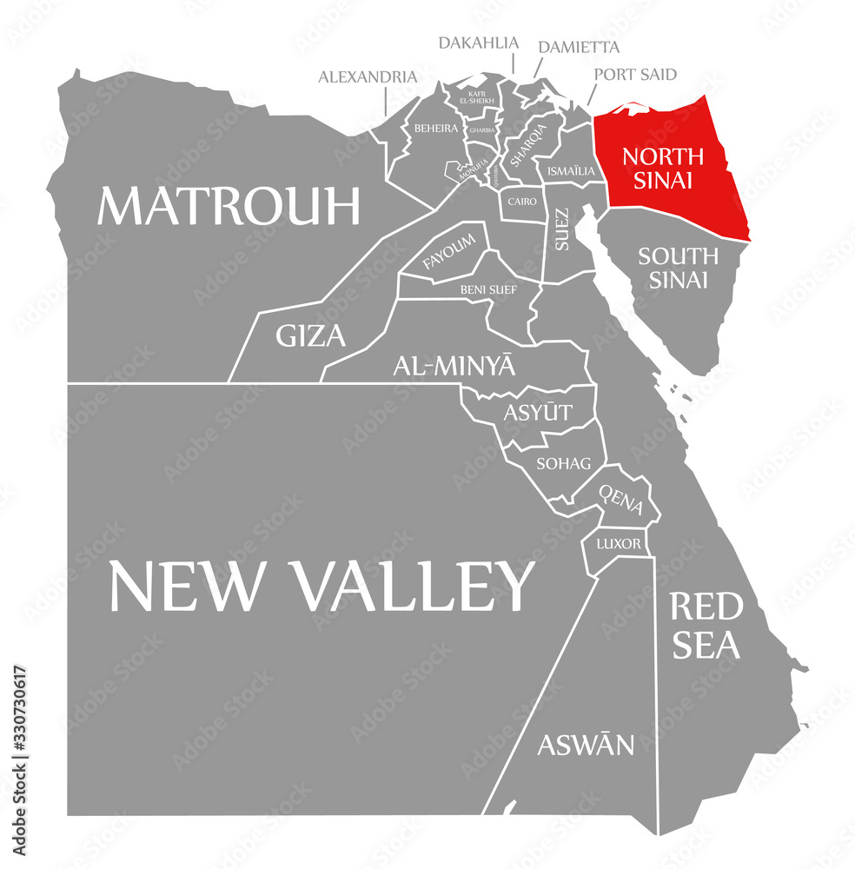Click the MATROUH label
(x=228, y=206)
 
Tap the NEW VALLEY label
(x=321, y=585)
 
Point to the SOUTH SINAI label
(x=678, y=268)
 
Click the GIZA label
(x=310, y=335)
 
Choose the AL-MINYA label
(x=454, y=366)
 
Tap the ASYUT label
(x=538, y=412)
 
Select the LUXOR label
(x=618, y=545)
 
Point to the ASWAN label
(x=585, y=745)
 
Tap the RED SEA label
(x=705, y=625)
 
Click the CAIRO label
(x=522, y=202)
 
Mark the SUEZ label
(x=562, y=229)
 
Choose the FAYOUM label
(x=448, y=250)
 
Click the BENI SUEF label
(x=487, y=289)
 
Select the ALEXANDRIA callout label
(x=367, y=76)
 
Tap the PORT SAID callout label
(x=635, y=74)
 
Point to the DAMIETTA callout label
(x=578, y=46)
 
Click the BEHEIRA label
(x=435, y=128)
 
